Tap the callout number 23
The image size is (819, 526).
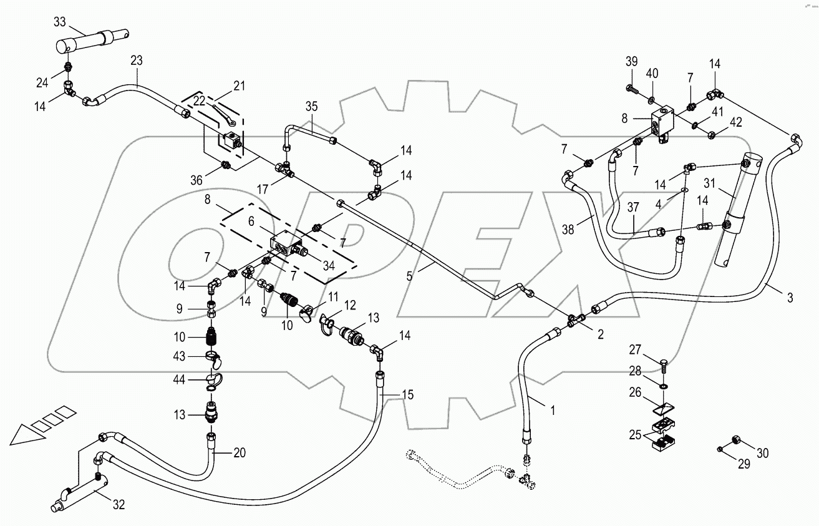click(137, 61)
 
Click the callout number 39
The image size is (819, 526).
click(632, 61)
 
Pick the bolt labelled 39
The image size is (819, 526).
click(632, 89)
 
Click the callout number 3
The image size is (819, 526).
click(790, 298)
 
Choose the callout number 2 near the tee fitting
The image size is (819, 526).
click(600, 334)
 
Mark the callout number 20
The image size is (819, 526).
click(240, 452)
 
